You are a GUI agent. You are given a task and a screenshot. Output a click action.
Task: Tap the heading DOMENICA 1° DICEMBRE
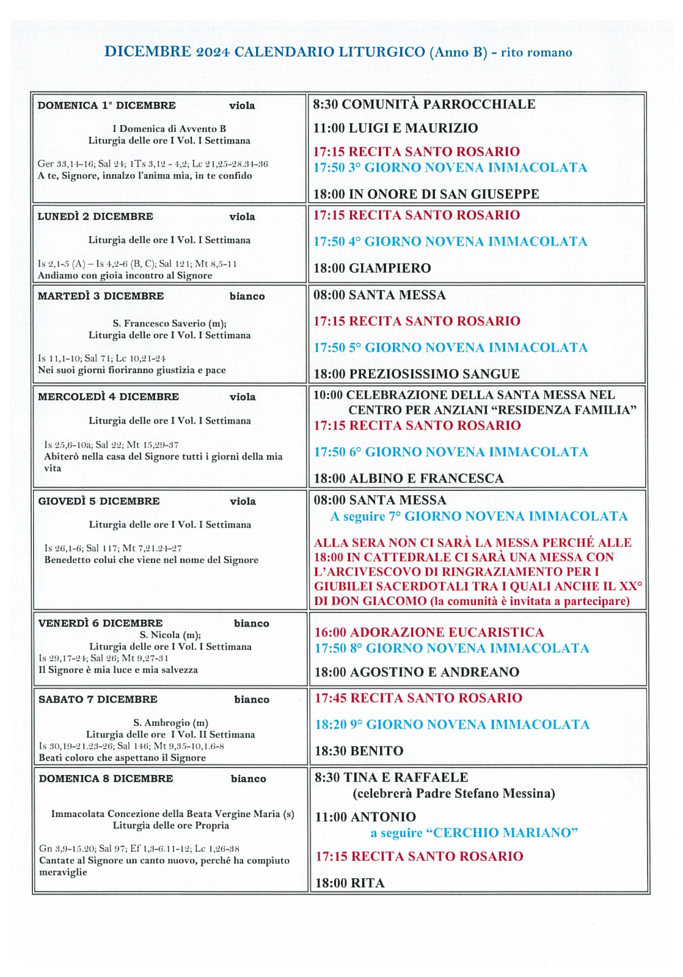[x=106, y=106]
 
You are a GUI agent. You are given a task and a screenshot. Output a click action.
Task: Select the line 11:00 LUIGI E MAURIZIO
[x=395, y=128]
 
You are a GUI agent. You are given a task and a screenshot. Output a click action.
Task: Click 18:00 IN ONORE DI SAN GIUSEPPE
[x=426, y=194]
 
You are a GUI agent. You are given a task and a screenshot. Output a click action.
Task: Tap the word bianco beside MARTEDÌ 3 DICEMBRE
[x=247, y=297]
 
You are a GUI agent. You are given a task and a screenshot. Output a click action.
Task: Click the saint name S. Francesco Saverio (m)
[x=169, y=324]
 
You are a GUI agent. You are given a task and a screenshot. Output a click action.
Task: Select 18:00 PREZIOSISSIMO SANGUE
[x=416, y=374]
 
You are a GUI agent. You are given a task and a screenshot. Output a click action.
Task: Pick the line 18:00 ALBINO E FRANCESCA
[x=409, y=478]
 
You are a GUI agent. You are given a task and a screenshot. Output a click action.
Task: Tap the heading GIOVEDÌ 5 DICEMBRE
[x=99, y=501]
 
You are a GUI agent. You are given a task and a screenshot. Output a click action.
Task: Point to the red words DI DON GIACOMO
[x=370, y=601]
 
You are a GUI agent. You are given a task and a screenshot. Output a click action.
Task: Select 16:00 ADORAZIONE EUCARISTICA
[x=429, y=632]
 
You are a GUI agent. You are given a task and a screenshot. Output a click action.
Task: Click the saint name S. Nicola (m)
[x=170, y=635]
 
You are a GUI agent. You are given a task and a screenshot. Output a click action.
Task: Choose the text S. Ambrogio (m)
[x=170, y=723]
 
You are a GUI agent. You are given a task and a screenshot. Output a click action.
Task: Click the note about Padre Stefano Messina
[x=454, y=794]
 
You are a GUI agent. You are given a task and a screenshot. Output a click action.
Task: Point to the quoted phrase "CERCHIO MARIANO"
[x=505, y=833]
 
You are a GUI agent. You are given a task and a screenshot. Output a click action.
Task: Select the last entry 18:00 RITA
[x=349, y=883]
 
